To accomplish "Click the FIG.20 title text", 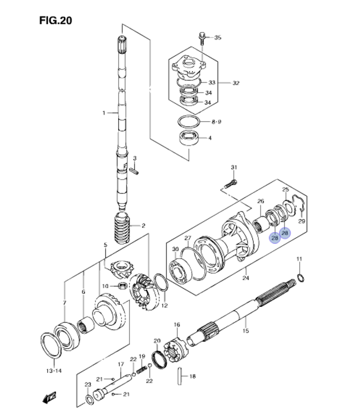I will (56, 21).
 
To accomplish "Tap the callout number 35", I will (218, 37).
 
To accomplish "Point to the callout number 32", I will (235, 83).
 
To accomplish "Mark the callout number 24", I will (246, 278).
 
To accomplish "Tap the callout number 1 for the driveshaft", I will (103, 113).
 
